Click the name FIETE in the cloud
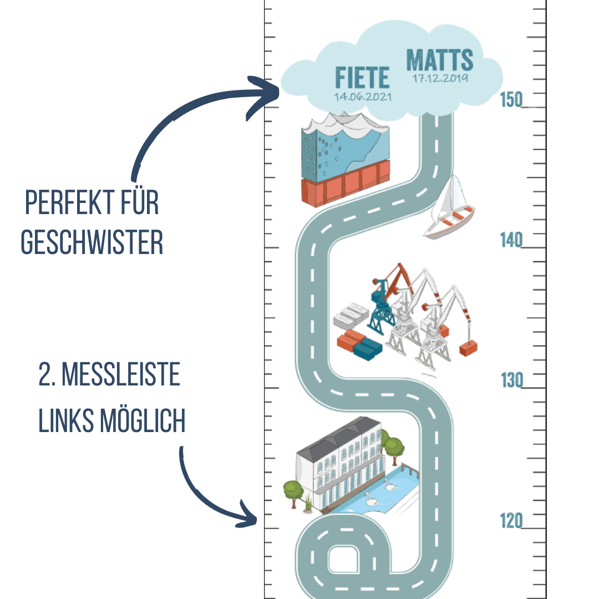tap(362, 77)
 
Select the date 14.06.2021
tap(363, 96)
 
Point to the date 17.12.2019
tap(440, 78)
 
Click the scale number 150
tap(511, 100)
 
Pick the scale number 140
tap(511, 241)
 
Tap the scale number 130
tap(511, 381)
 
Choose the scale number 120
tap(511, 521)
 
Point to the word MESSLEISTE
tap(120, 376)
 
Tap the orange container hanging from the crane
tap(469, 348)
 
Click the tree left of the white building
tap(293, 491)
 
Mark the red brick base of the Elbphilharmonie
tap(344, 185)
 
